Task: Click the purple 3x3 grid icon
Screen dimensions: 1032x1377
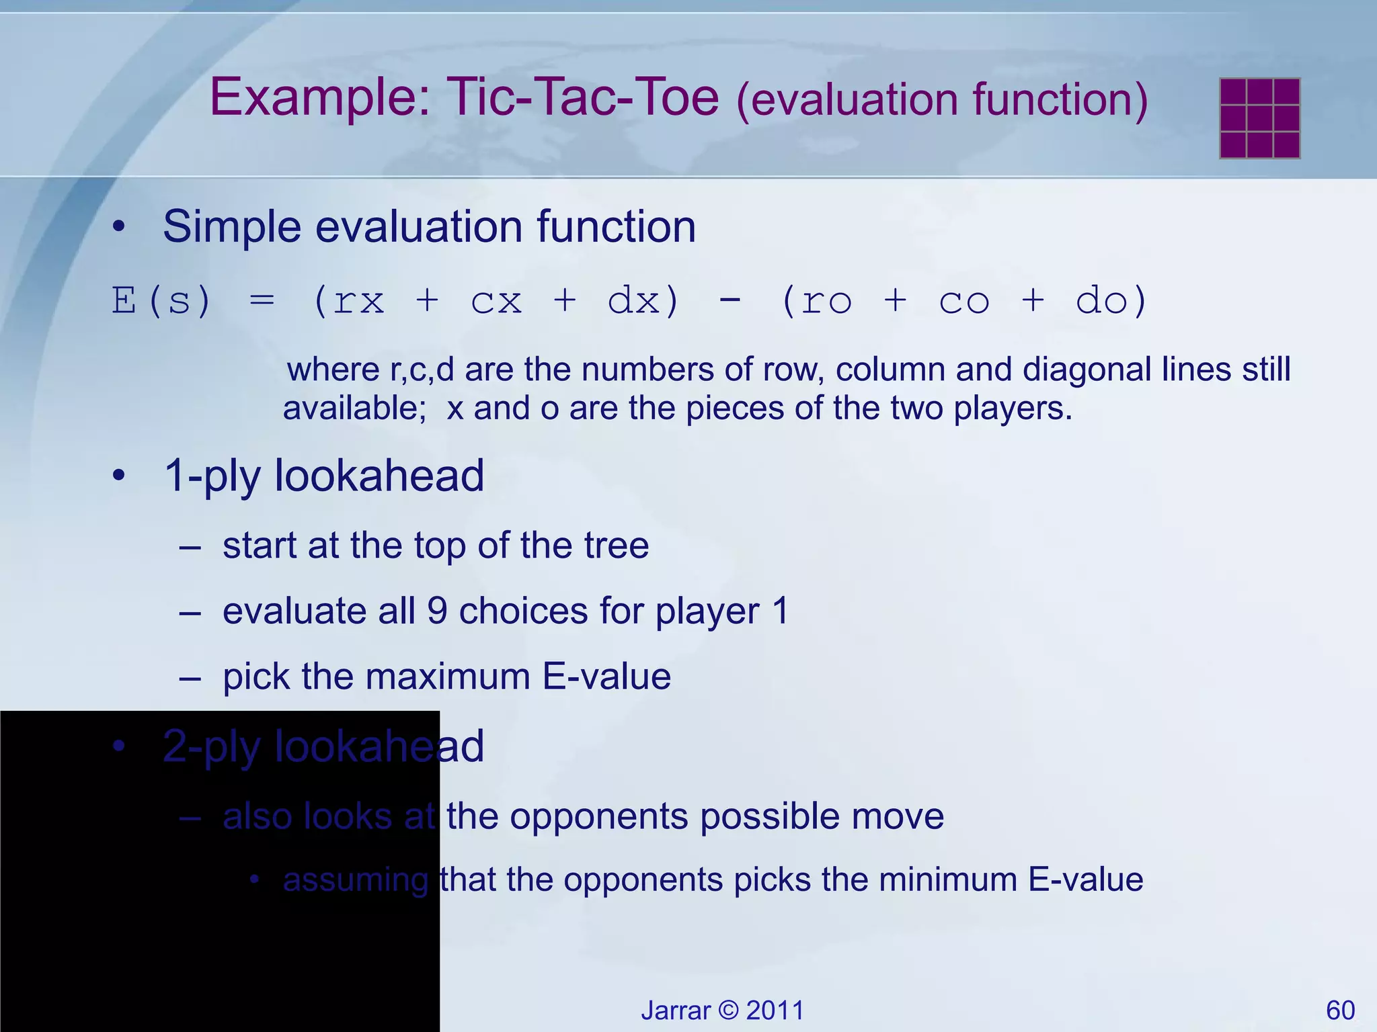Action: (1259, 118)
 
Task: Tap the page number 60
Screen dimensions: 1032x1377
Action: (1340, 1010)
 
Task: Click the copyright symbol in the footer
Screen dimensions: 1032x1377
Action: (728, 1010)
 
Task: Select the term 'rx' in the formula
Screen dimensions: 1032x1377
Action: (358, 301)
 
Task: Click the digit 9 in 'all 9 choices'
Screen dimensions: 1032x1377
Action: (437, 611)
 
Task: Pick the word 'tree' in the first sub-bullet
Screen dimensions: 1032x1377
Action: (616, 546)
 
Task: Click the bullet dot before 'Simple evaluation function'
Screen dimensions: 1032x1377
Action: (119, 227)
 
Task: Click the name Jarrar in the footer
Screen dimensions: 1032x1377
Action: (675, 1010)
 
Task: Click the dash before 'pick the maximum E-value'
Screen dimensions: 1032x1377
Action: (190, 677)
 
